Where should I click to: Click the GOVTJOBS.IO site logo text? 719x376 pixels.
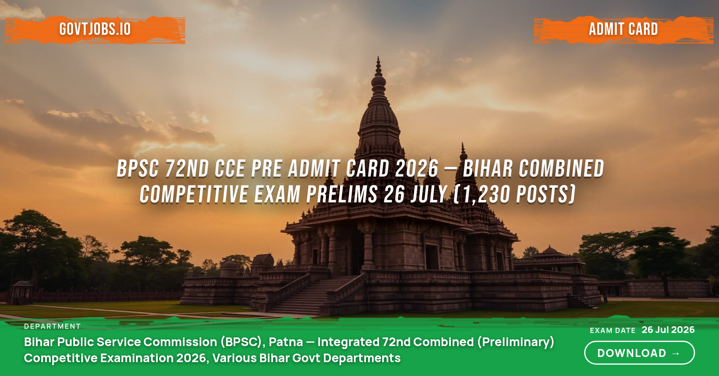click(x=95, y=29)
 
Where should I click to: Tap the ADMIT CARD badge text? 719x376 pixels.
click(x=624, y=29)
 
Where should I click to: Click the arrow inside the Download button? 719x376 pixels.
click(x=676, y=353)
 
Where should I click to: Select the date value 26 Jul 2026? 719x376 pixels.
click(x=668, y=330)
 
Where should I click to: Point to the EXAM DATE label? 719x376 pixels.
click(x=613, y=330)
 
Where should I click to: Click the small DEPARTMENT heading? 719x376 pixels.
click(x=52, y=326)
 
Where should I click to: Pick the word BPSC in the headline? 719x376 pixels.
click(x=138, y=168)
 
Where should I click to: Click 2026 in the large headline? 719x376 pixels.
click(x=417, y=168)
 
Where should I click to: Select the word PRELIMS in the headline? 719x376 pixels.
click(x=342, y=195)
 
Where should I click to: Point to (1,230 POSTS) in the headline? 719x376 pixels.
click(x=515, y=195)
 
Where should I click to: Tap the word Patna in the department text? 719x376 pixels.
click(x=286, y=342)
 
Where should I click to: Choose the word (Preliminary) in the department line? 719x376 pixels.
click(x=516, y=342)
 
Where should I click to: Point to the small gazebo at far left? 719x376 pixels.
click(x=22, y=292)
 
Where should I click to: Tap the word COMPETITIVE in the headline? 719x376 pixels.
click(x=194, y=195)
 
